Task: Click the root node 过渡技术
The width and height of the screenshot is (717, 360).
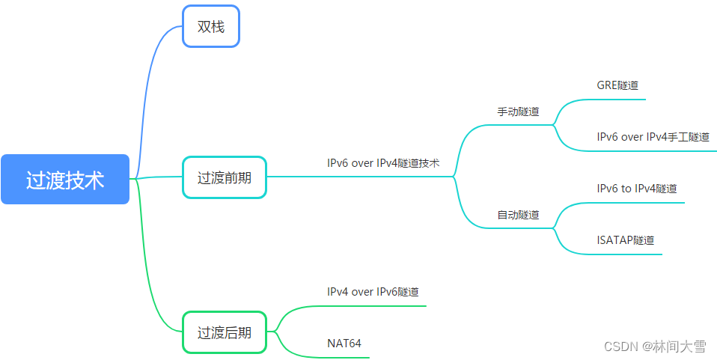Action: tap(65, 180)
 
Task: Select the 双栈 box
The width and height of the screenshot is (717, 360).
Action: tap(210, 27)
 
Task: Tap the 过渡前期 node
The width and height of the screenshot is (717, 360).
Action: tap(225, 177)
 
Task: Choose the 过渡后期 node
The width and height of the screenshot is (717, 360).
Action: tap(225, 332)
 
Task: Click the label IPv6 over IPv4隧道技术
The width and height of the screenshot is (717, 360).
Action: tap(383, 162)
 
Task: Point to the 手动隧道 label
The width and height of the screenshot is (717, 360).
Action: tap(518, 112)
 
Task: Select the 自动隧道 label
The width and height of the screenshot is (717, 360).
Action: tap(518, 214)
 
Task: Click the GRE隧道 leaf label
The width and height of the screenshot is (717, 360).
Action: tap(617, 85)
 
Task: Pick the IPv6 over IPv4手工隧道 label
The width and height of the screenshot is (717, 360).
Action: tap(653, 137)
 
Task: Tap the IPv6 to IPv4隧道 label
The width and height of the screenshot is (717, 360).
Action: tap(637, 189)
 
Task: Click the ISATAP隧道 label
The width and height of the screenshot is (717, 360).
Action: tap(626, 240)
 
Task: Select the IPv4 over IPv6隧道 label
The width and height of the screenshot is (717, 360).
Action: tap(373, 291)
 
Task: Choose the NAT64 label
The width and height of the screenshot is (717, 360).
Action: tap(344, 344)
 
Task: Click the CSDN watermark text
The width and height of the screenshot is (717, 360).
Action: tap(655, 346)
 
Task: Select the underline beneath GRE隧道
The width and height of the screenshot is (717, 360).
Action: tap(618, 99)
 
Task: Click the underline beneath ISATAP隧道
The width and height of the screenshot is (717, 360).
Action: tap(626, 254)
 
